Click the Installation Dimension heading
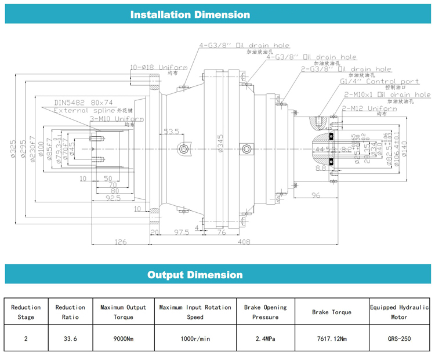pyautogui.click(x=190, y=14)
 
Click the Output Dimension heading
pyautogui.click(x=195, y=275)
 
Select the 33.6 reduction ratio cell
pyautogui.click(x=70, y=339)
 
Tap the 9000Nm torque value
pyautogui.click(x=123, y=339)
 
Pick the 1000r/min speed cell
pyautogui.click(x=195, y=339)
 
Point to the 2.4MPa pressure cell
pyautogui.click(x=265, y=339)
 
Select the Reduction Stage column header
pyautogui.click(x=26, y=312)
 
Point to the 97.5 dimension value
pyautogui.click(x=182, y=232)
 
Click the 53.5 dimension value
pyautogui.click(x=171, y=132)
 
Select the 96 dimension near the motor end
pyautogui.click(x=316, y=195)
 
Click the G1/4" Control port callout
pyautogui.click(x=379, y=82)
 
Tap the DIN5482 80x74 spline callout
pyautogui.click(x=84, y=103)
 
